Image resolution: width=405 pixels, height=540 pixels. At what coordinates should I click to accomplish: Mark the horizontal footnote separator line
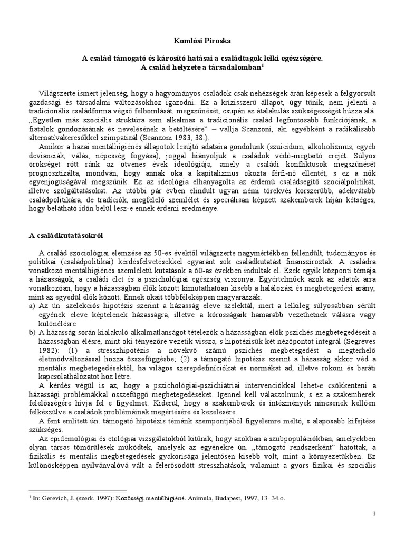click(x=78, y=491)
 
